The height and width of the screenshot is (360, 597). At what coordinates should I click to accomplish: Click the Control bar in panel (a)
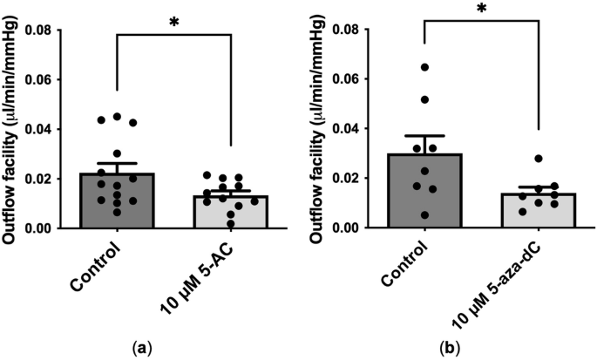116,201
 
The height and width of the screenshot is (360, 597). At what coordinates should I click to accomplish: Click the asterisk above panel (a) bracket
173,19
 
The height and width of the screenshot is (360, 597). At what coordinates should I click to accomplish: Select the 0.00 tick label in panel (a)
48,228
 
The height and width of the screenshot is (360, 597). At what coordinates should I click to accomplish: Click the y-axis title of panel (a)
13,128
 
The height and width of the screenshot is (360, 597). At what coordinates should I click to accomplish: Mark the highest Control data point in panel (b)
424,67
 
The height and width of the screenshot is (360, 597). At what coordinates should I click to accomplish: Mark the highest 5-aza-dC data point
539,159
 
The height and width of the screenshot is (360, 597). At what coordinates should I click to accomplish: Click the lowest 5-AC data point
228,224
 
